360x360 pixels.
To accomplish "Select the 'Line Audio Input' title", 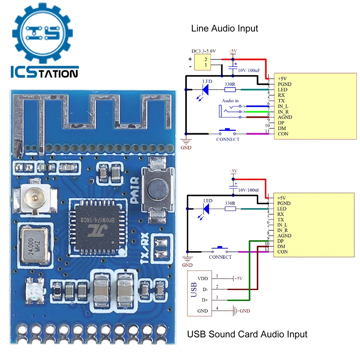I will [x=225, y=28].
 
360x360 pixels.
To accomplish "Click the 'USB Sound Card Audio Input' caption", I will [x=247, y=334].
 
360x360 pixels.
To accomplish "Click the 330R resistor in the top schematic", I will [x=230, y=89].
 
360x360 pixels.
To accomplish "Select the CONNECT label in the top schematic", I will [x=228, y=139].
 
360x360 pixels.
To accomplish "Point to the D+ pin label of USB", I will [x=204, y=300].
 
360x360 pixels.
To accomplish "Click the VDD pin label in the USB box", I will [x=203, y=279].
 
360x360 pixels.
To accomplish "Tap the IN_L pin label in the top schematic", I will [x=283, y=106].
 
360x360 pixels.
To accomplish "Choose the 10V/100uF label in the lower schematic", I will [x=249, y=190].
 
